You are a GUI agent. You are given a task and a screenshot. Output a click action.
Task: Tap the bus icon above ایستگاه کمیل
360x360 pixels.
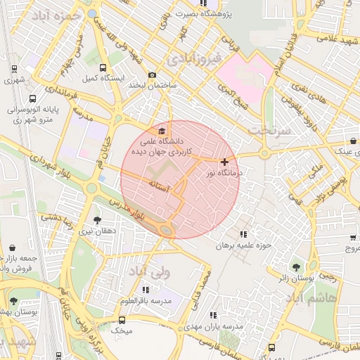coord(103,69)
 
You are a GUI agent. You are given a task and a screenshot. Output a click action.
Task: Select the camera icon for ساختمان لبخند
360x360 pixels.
coord(152,75)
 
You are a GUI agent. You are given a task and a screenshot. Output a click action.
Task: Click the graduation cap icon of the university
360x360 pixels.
coord(163,131)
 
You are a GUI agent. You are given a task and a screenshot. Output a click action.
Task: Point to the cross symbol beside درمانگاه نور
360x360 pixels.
coord(224,162)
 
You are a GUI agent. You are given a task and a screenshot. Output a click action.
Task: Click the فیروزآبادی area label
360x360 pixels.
coord(197,53)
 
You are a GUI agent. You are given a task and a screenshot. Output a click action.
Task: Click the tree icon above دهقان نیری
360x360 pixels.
coord(96,219)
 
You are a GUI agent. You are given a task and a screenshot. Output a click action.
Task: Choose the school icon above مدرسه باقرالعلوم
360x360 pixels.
coord(146,290)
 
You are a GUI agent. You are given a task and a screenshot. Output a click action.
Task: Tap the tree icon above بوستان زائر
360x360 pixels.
coord(295,266)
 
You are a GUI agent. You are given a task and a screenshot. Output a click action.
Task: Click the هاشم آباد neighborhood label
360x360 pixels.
coord(309,298)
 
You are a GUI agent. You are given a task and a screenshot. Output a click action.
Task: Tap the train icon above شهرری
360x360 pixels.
coord(14,69)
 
